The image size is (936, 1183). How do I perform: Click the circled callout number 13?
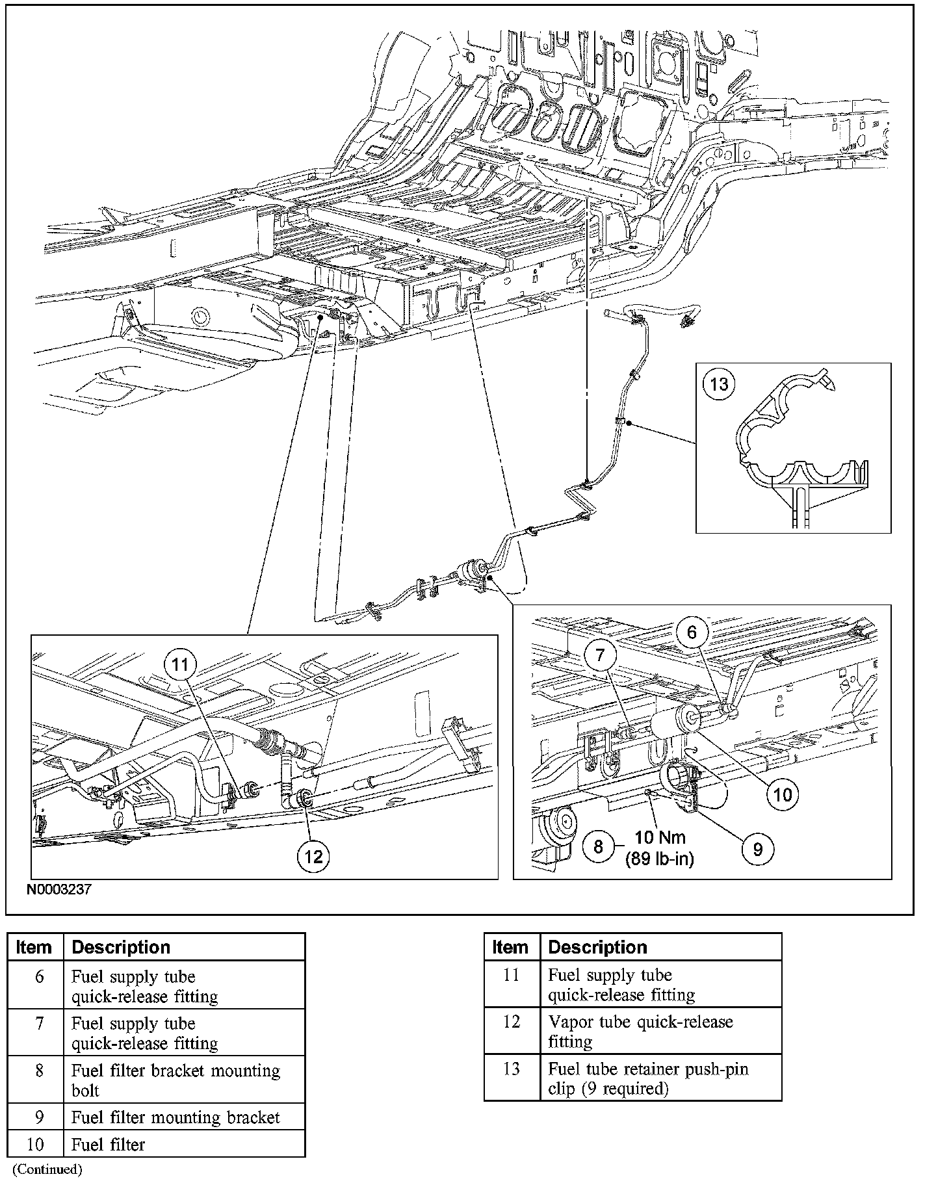(719, 384)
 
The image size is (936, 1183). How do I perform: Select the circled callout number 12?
(313, 856)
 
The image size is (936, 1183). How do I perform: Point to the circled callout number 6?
(692, 632)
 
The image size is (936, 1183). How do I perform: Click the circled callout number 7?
(600, 656)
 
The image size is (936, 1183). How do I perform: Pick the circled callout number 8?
(598, 846)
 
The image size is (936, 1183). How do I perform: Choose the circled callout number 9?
(757, 849)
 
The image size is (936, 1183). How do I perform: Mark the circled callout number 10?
(783, 794)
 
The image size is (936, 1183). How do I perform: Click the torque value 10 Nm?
(660, 837)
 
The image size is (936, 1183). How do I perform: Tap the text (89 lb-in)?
(660, 859)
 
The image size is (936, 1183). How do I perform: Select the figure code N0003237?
(58, 889)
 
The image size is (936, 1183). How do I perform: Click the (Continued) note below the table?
(47, 1169)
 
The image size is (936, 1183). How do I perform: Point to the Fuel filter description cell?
(109, 1144)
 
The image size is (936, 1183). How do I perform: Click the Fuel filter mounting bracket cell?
(175, 1117)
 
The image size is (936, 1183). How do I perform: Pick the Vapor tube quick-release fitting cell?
(640, 1032)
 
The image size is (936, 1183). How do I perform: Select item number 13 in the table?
(512, 1069)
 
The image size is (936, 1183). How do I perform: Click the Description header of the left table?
(121, 947)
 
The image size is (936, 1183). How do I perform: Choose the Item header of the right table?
(510, 947)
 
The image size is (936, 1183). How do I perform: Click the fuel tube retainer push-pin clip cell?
(648, 1078)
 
